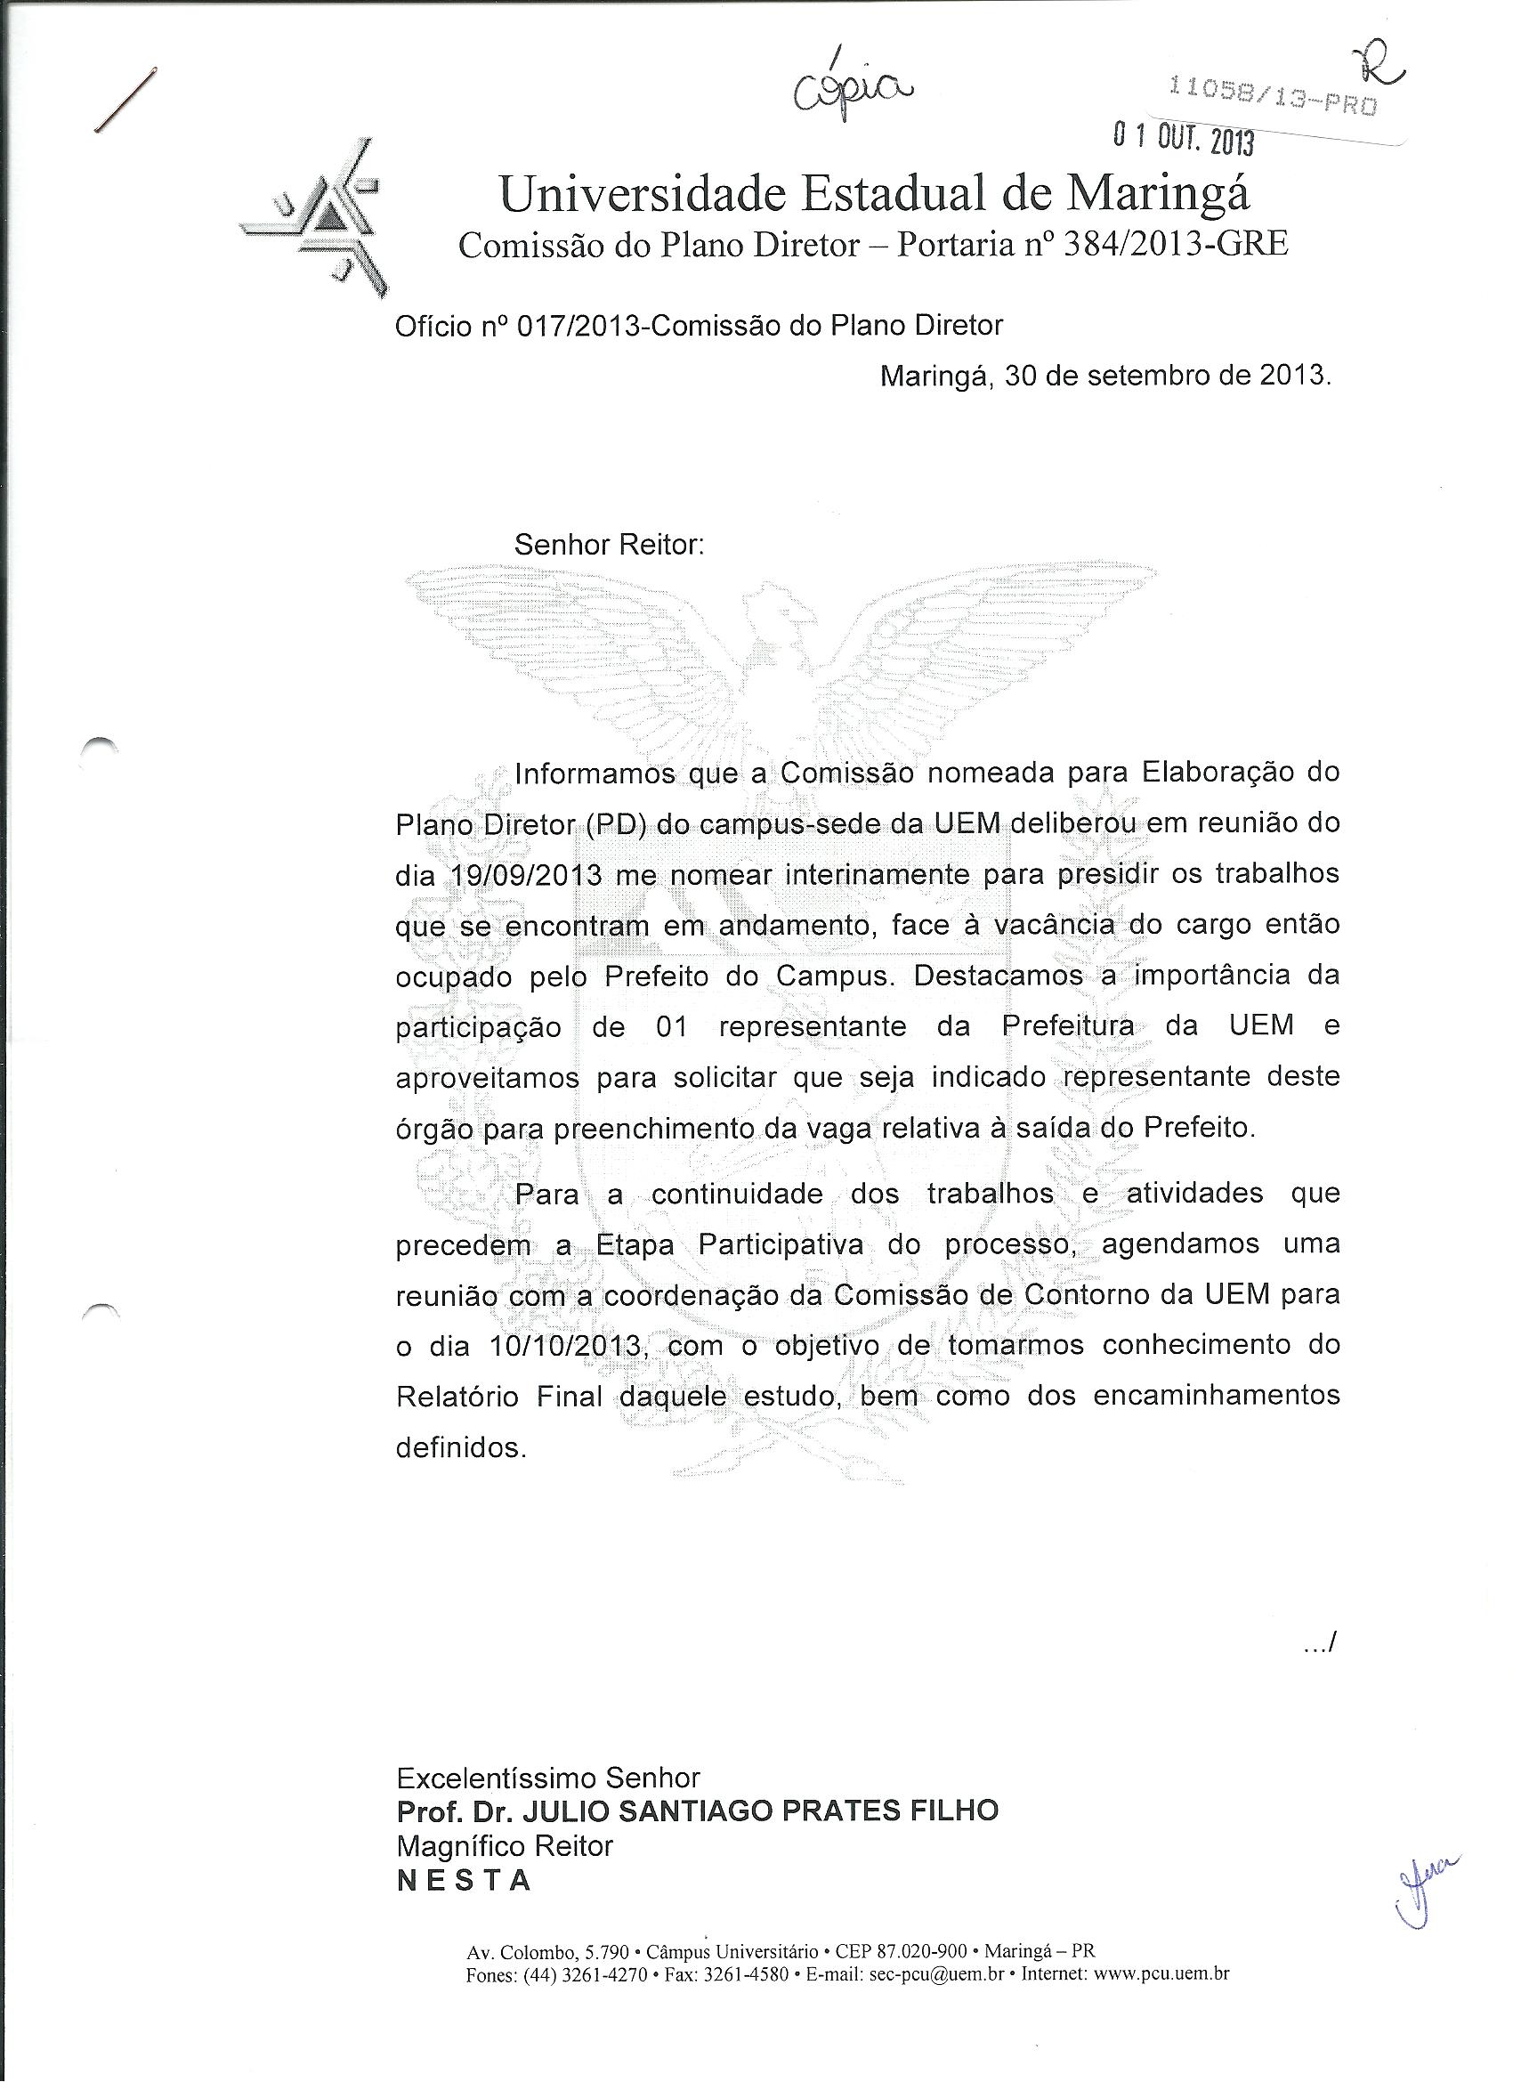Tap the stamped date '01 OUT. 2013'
(x=1184, y=138)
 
